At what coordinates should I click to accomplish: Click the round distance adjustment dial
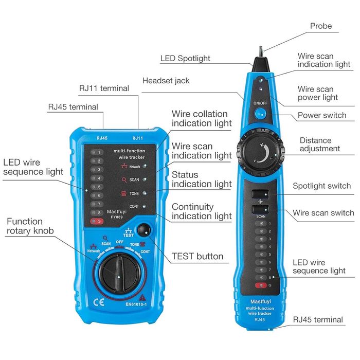(x=262, y=153)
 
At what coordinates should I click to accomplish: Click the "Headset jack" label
(x=166, y=81)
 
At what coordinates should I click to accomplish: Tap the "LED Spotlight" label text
(x=185, y=59)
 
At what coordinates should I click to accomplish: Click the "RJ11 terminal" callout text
(x=104, y=88)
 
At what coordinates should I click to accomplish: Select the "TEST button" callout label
(x=197, y=256)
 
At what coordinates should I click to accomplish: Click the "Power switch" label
(x=321, y=115)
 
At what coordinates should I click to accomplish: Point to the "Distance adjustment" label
(x=319, y=145)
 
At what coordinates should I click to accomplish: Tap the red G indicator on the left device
(x=96, y=222)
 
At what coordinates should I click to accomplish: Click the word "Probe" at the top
(x=321, y=26)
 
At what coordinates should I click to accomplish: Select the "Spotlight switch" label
(x=321, y=186)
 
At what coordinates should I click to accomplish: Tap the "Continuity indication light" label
(x=202, y=211)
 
